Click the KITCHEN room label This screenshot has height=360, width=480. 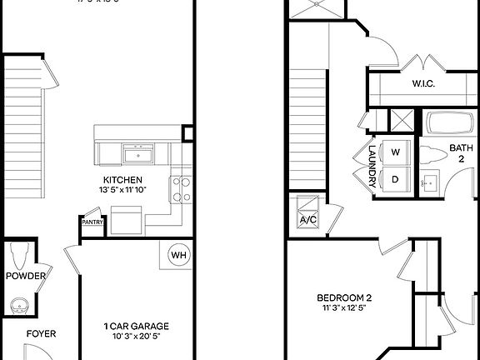click(x=122, y=180)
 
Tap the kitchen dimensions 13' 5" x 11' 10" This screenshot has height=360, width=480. click(x=122, y=191)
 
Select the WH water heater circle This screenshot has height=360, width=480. click(x=178, y=255)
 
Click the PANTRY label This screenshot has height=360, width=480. click(x=92, y=222)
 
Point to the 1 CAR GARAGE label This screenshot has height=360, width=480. click(x=137, y=326)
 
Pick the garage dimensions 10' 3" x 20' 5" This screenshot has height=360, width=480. click(x=137, y=337)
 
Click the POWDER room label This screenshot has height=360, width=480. click(x=25, y=276)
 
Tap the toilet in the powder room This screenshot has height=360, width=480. click(x=21, y=253)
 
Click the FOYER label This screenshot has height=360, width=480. click(x=41, y=334)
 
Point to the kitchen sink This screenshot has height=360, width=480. click(x=137, y=153)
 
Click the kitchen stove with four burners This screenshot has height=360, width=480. click(x=181, y=189)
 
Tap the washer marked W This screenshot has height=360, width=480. click(x=396, y=152)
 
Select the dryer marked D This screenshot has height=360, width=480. click(x=396, y=178)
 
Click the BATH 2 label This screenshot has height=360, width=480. click(x=461, y=155)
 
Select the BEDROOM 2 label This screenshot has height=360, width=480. click(x=344, y=298)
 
